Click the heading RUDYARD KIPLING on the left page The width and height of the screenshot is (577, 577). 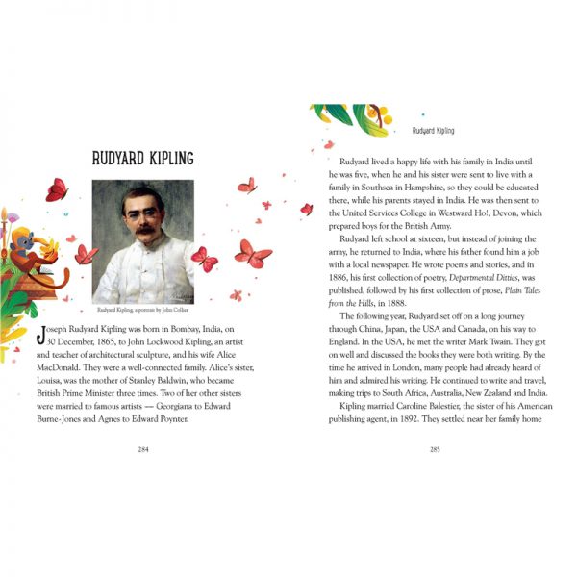pos(144,158)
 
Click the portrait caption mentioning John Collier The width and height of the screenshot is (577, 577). pos(143,311)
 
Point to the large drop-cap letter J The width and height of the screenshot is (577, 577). pos(39,334)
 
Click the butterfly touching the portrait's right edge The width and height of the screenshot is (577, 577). pos(203,259)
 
